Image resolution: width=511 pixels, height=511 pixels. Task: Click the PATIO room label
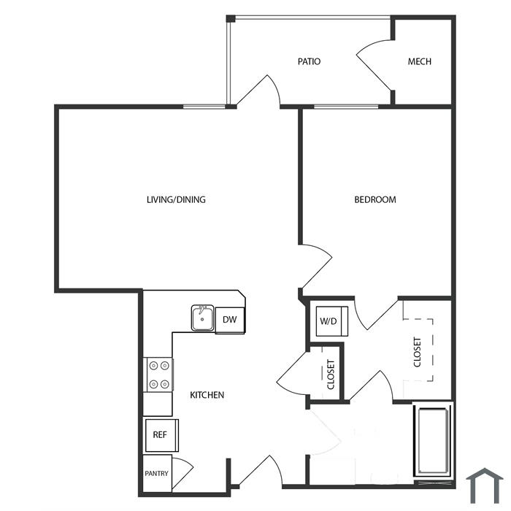pos(309,61)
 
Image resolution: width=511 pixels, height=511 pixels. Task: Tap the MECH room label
pos(420,61)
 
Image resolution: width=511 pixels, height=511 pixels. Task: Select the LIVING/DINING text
pos(176,199)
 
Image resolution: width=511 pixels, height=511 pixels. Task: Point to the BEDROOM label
pos(375,199)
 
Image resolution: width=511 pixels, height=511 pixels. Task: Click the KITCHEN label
pos(207,395)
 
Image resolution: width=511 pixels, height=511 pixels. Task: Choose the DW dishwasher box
pos(230,320)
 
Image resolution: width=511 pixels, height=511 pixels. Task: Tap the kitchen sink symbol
pos(202,318)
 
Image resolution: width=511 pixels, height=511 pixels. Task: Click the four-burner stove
pos(158,374)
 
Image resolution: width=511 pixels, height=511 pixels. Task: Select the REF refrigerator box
pos(161,435)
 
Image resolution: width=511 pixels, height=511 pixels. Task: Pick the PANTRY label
pos(156,473)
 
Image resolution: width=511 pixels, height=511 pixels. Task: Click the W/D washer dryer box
pos(331,321)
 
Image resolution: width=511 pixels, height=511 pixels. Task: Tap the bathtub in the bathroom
pos(432,441)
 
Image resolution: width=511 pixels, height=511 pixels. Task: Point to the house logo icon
pos(485,485)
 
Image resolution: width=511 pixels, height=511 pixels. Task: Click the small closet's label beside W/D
pos(331,374)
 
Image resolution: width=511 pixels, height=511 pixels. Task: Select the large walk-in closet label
pos(417,352)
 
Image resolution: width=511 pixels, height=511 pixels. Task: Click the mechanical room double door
pos(374,64)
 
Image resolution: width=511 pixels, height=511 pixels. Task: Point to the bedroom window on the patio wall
pos(346,107)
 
